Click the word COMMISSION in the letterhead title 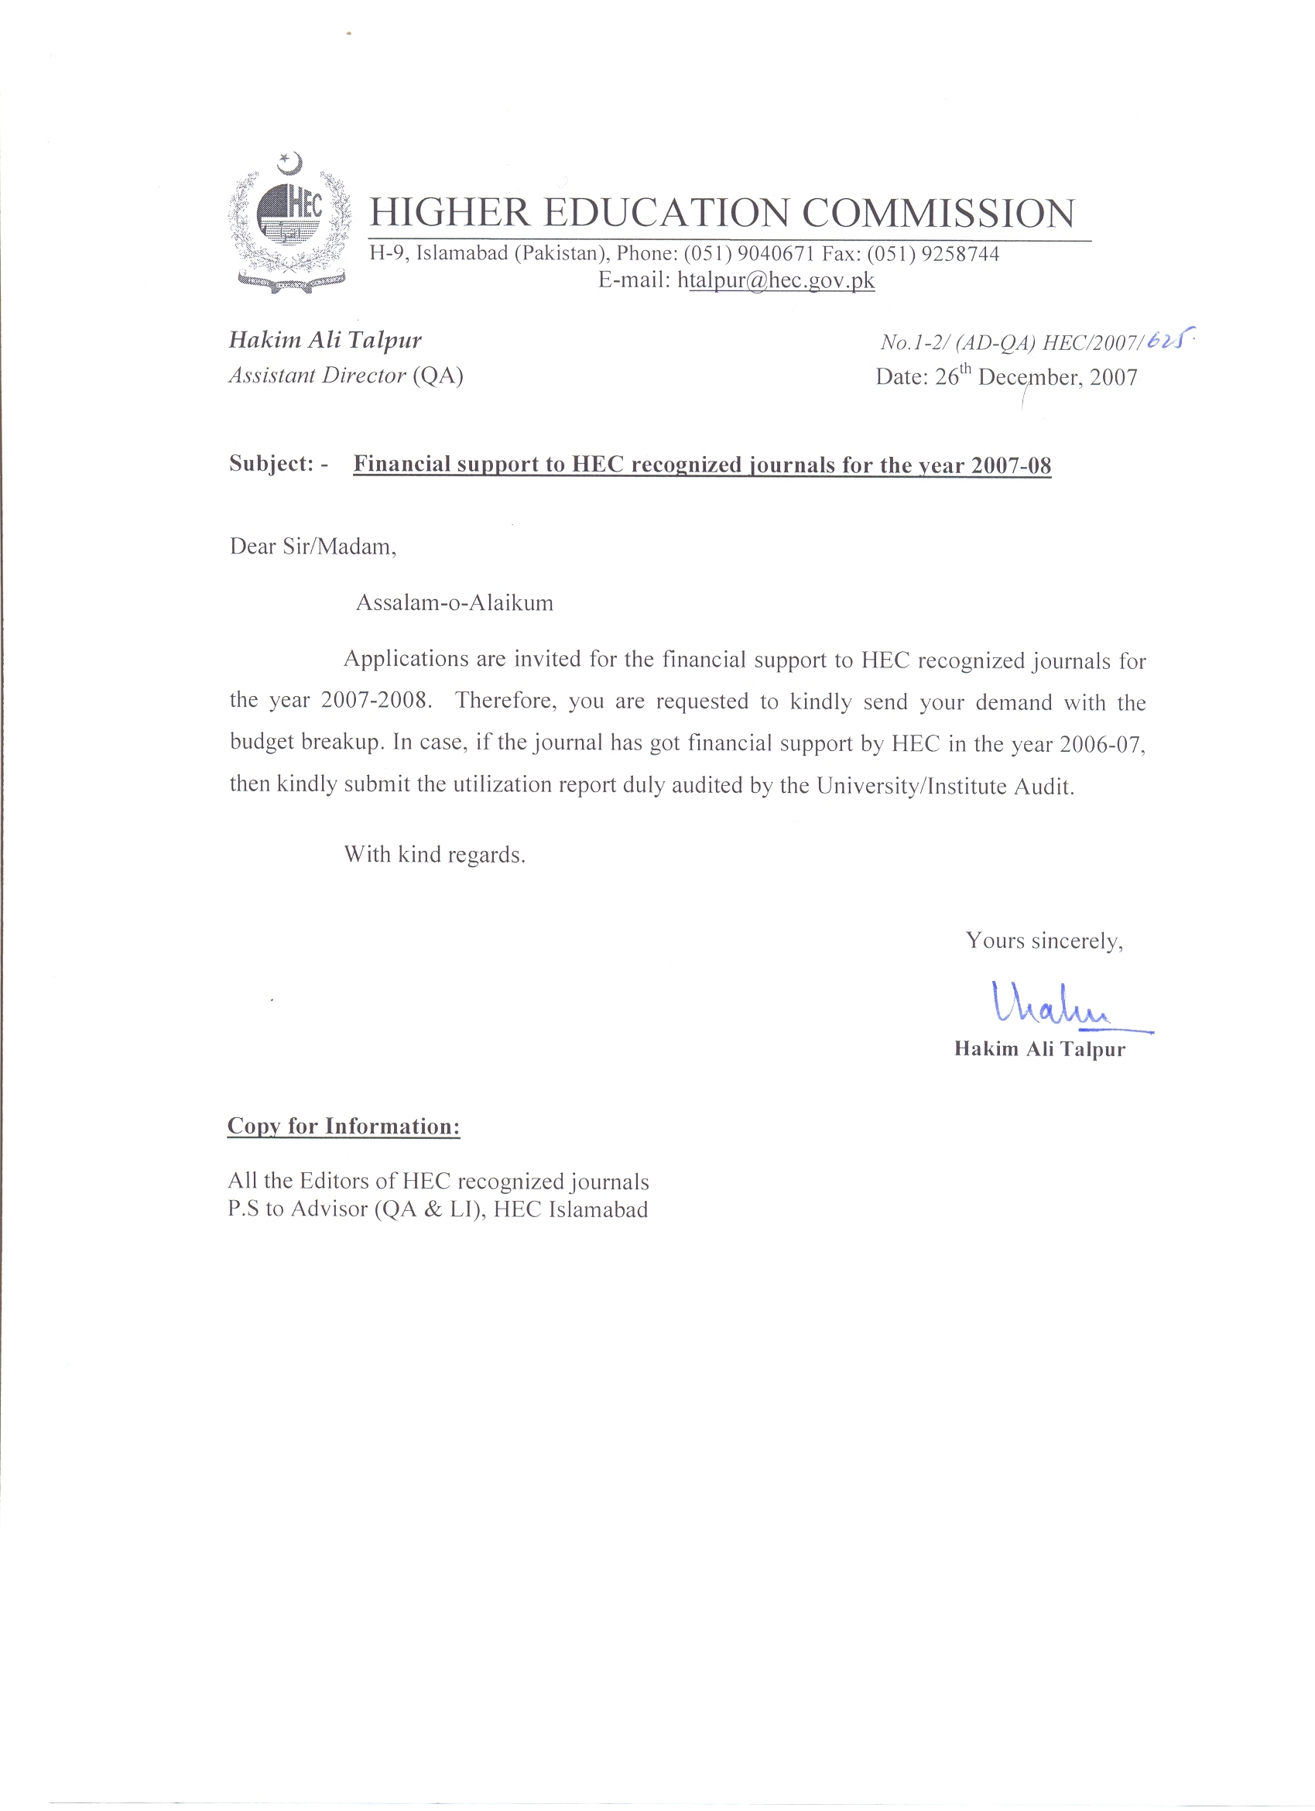(938, 213)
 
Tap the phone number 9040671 (776, 254)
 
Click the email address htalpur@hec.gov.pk (776, 281)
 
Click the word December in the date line (1030, 377)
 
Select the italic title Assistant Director (318, 376)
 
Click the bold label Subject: (272, 464)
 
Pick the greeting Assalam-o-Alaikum (454, 602)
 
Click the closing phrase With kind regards (434, 856)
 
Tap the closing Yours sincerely (1043, 941)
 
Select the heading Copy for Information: (344, 1127)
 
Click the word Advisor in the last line (328, 1209)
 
